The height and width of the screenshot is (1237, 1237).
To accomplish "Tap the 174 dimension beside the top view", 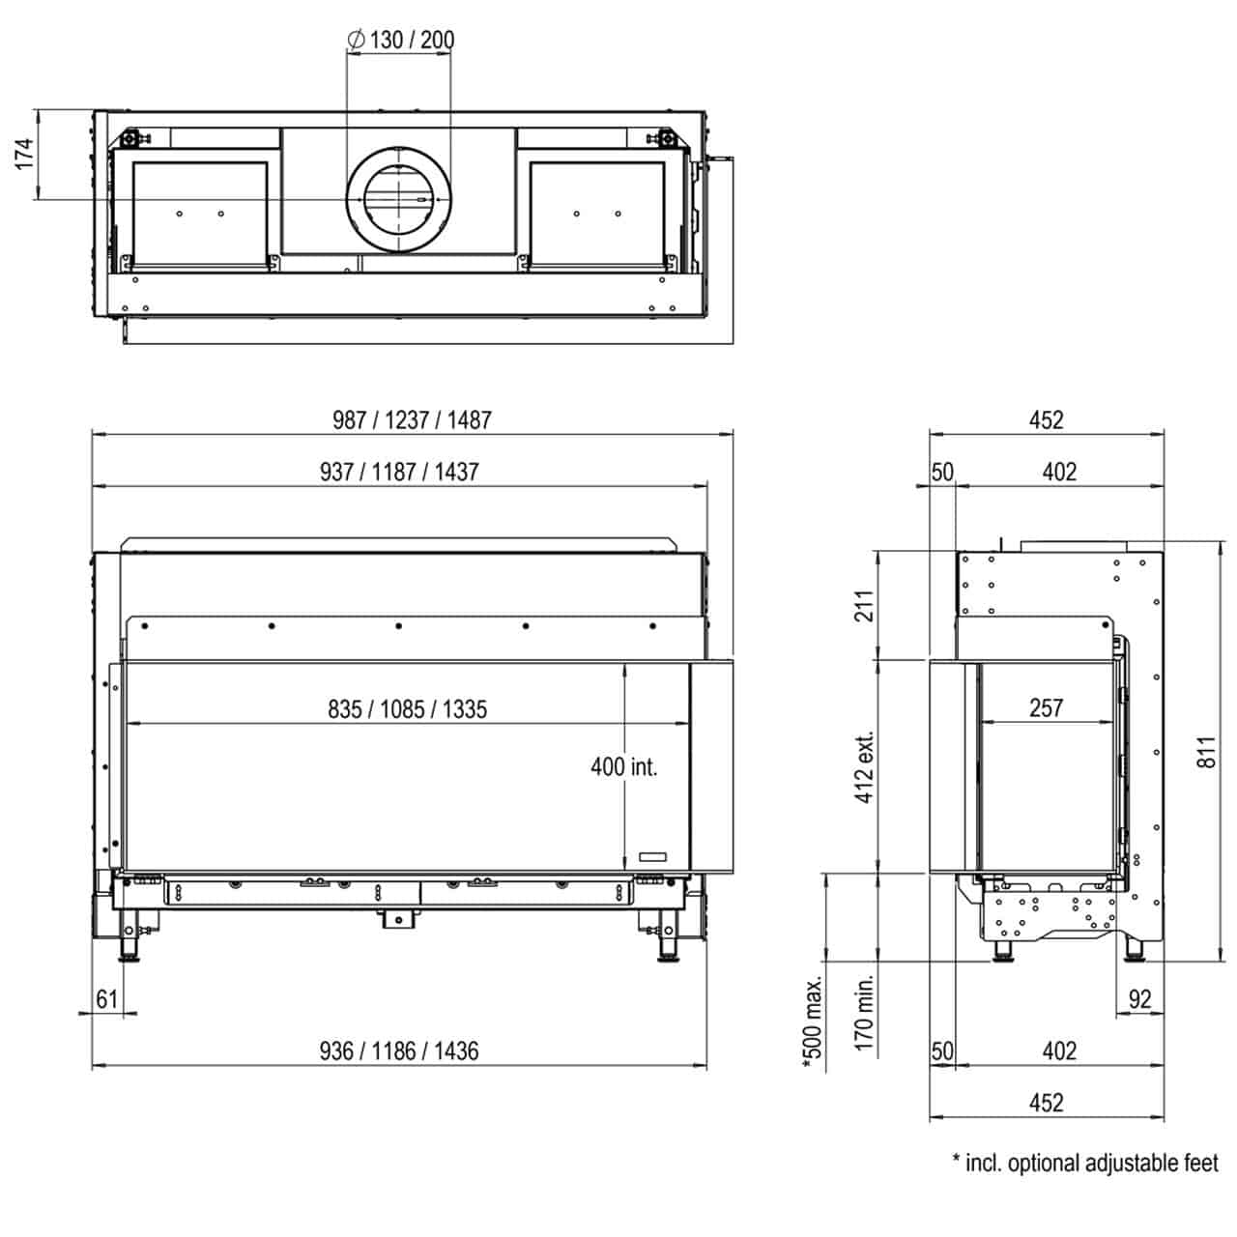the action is click(x=24, y=154).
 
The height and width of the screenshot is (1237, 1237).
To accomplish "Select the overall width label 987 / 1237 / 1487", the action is click(x=412, y=420).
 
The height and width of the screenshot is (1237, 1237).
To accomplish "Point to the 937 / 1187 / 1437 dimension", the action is click(x=399, y=472).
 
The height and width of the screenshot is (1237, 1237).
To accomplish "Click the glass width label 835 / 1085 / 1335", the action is click(x=408, y=709).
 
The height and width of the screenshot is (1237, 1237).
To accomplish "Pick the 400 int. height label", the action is click(x=624, y=766).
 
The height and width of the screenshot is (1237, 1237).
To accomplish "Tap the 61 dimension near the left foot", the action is click(x=107, y=999).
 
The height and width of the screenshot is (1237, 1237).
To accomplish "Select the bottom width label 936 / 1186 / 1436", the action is click(x=399, y=1050).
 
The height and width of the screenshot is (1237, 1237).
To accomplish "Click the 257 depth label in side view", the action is click(x=1047, y=708).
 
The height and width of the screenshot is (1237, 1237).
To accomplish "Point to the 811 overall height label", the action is click(x=1206, y=752).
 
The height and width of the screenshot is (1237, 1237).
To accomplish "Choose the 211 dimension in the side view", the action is click(x=865, y=605).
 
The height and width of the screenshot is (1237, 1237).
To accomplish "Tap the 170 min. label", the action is click(x=865, y=1013).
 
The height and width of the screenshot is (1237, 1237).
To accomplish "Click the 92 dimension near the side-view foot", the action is click(x=1139, y=999).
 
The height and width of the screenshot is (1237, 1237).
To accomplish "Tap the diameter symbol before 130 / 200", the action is click(x=357, y=40).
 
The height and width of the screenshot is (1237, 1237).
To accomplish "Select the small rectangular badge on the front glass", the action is click(x=653, y=856).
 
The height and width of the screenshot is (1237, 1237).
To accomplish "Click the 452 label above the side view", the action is click(x=1047, y=420).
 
